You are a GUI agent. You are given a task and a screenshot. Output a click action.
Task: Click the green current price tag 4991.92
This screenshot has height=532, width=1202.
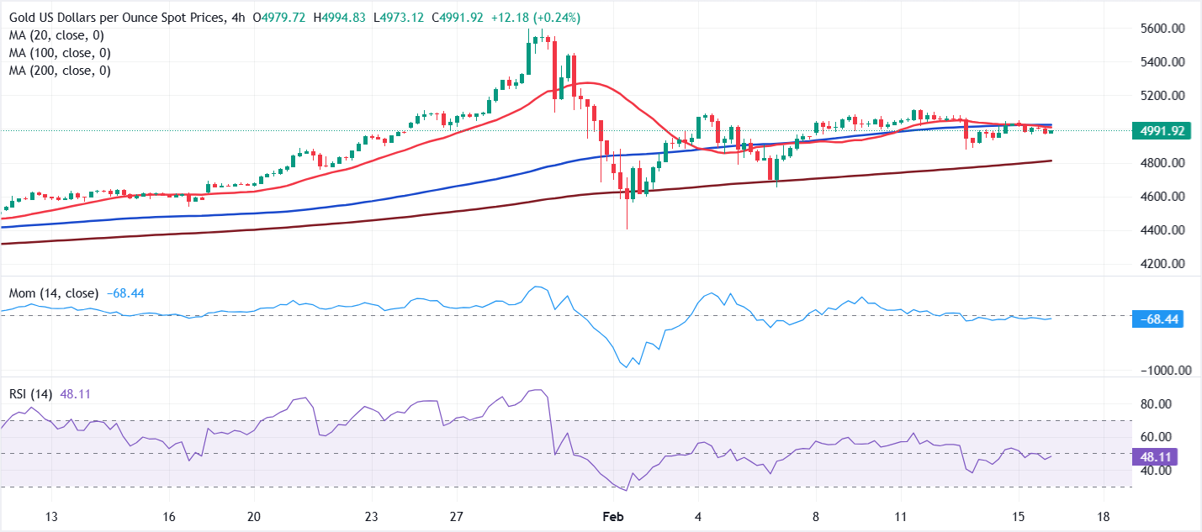point(1162,130)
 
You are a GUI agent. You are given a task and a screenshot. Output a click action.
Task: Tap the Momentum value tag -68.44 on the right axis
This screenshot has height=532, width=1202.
point(1160,319)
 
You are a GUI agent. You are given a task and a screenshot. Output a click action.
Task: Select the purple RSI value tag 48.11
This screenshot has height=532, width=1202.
point(1156,457)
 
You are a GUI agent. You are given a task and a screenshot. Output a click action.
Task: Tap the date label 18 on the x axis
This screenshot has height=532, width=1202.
point(1104,516)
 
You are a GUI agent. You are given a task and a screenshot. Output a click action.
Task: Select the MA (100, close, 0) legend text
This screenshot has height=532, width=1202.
point(61,53)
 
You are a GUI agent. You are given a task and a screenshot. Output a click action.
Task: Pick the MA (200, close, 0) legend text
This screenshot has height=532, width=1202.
point(61,71)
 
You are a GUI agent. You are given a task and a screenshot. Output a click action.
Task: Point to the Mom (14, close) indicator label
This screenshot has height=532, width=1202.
point(53,293)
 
